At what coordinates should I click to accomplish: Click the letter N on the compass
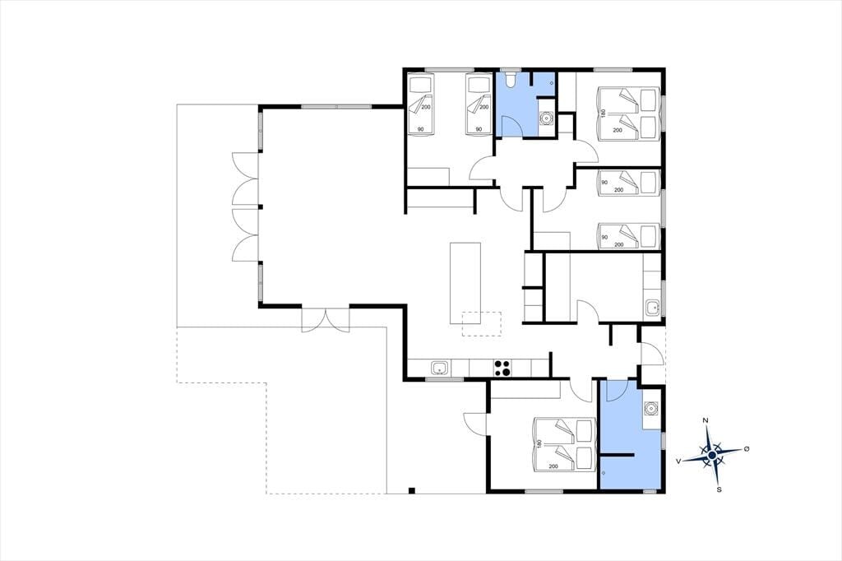coord(706,420)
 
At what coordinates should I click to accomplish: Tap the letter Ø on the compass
coord(746,448)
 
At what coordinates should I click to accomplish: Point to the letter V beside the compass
coord(678,461)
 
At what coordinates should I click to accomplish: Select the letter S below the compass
coord(719,489)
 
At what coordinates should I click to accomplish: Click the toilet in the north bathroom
coord(509,78)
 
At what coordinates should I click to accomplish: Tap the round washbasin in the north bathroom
coord(546,117)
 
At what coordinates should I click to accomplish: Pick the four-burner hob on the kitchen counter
coord(502,368)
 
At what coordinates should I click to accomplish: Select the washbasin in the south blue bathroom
coord(651,408)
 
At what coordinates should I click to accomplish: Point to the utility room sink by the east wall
coord(652,308)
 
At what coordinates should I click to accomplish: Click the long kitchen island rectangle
coord(465,283)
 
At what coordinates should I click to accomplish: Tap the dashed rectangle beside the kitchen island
coord(482,324)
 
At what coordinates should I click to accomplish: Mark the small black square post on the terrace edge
coord(411,489)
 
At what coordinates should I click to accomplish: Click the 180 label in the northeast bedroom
coord(604,114)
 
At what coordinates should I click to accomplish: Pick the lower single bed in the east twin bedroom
coord(628,236)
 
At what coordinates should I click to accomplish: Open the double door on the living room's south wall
coord(326,320)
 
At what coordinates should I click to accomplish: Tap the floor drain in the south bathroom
coord(604,472)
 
